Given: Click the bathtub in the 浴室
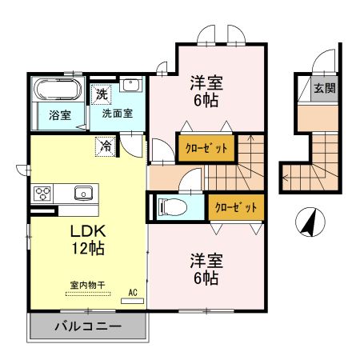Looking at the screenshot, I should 57,88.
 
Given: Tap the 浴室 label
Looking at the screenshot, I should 60,114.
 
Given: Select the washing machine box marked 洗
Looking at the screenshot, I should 102,94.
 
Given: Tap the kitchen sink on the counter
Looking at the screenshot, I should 84,193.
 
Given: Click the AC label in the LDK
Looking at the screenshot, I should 134,293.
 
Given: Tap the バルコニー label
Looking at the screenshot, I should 87,327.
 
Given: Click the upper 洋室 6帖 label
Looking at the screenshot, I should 205,90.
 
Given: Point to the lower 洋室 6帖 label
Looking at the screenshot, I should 205,269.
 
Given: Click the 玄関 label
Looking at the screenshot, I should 324,88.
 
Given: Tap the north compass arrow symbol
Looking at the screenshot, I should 308,221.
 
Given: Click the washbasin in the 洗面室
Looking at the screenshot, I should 132,86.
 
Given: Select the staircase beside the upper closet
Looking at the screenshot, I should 246,160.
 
